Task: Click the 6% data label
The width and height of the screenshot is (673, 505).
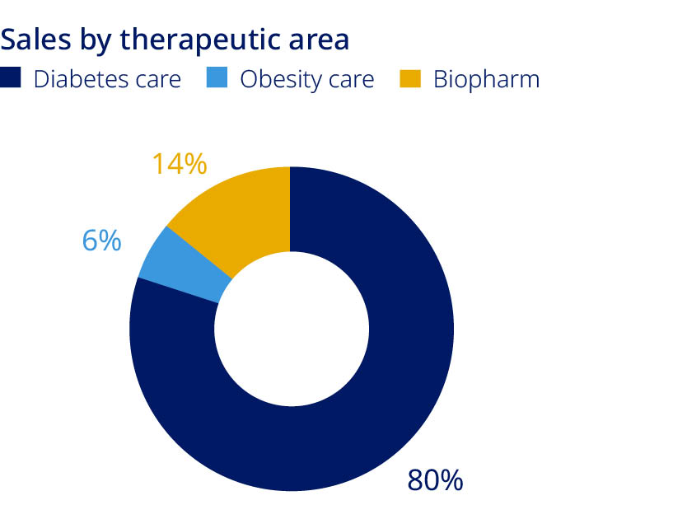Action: click(x=102, y=241)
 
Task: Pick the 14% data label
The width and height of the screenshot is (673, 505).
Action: click(x=179, y=164)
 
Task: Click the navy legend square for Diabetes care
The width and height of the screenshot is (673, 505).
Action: click(x=11, y=79)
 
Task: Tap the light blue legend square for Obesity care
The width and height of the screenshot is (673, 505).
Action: click(x=217, y=79)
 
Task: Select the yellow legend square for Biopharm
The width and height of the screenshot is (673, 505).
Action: click(x=409, y=79)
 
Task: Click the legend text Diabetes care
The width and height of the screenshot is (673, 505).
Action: click(x=106, y=80)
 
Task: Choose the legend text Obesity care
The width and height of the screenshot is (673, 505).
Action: click(x=306, y=80)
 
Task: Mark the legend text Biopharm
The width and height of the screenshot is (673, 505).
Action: click(x=486, y=80)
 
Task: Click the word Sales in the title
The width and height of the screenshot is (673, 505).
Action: click(x=33, y=39)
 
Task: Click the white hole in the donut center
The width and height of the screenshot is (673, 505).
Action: click(x=291, y=330)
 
